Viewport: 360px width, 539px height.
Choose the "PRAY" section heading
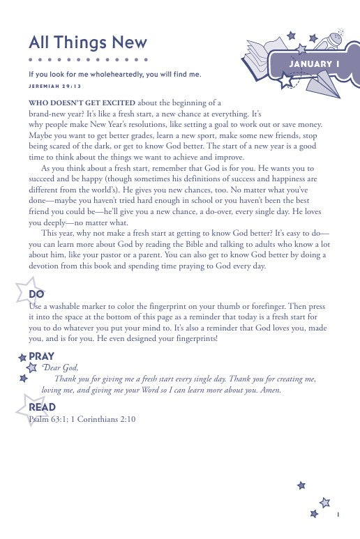coord(41,356)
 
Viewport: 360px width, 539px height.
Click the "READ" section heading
coord(42,407)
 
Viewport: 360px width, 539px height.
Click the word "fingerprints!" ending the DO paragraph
coord(197,338)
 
